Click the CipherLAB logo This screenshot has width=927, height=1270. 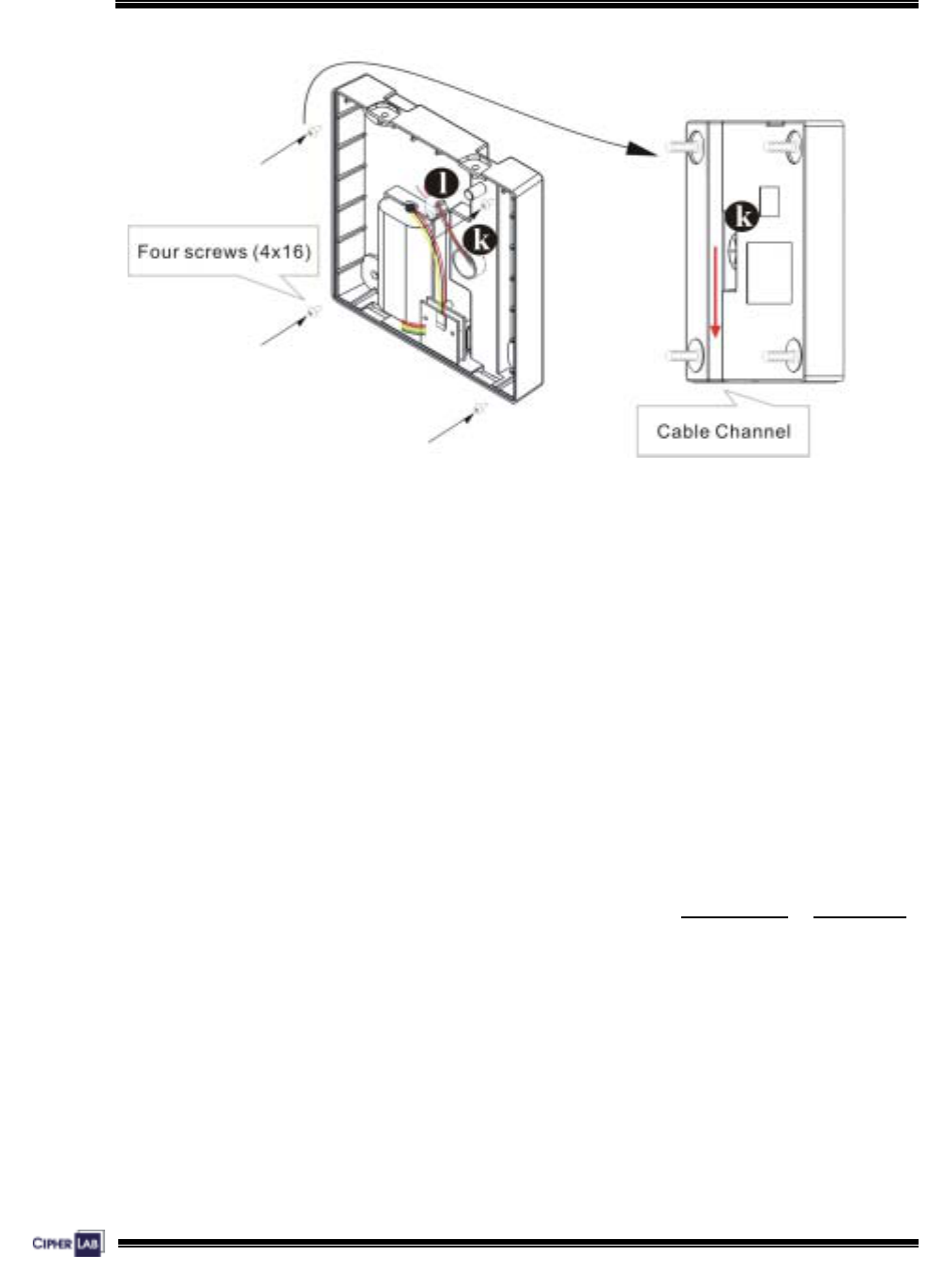coord(68,1244)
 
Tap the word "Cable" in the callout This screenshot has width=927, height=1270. coord(683,431)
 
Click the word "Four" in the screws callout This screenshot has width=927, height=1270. coord(157,251)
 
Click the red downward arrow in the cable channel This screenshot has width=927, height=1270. coord(715,291)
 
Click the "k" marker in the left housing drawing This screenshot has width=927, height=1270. coord(480,238)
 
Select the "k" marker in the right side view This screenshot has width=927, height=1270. coord(743,218)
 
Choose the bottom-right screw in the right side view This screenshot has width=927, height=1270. coord(786,356)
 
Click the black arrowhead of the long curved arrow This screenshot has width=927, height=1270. coord(641,149)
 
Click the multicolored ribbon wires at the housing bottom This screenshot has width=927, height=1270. coord(413,327)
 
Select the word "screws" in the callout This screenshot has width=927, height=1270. coord(221,251)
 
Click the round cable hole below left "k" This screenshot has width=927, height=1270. coord(466,265)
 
